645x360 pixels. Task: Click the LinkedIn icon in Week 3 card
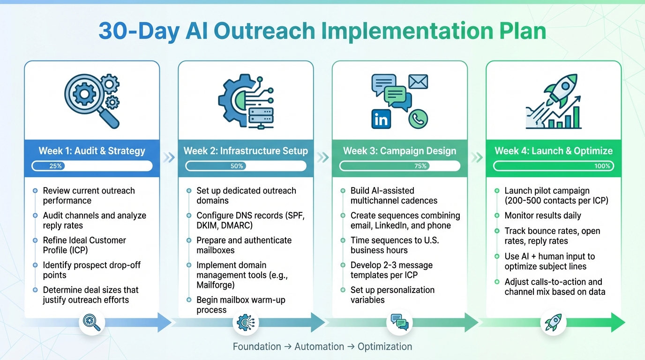(x=381, y=119)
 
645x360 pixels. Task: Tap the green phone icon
(x=418, y=119)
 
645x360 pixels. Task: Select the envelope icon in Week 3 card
(x=418, y=82)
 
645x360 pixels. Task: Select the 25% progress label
(x=55, y=166)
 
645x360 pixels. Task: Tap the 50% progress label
(x=237, y=166)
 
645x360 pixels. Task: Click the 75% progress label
(x=420, y=166)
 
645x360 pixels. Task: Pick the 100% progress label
(x=602, y=166)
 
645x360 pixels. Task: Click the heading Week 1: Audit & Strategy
(x=92, y=151)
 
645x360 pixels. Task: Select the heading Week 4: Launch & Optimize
(x=554, y=151)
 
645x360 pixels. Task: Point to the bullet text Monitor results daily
(x=543, y=216)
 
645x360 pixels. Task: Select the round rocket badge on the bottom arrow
(x=554, y=323)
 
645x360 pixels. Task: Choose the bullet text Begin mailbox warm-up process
(x=240, y=305)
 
